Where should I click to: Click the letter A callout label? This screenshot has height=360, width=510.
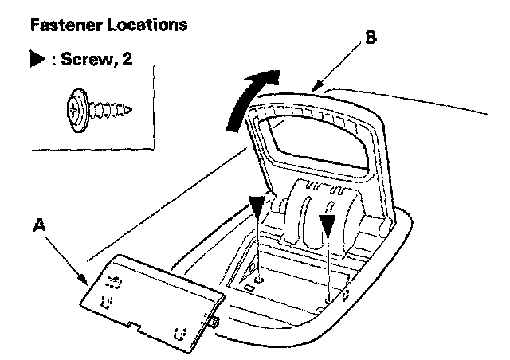pos(39,226)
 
